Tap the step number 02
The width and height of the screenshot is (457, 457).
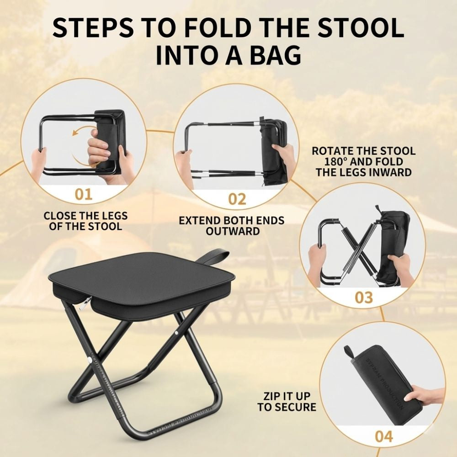point(237,198)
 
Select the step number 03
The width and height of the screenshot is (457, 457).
point(364,298)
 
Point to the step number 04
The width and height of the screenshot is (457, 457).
point(383,436)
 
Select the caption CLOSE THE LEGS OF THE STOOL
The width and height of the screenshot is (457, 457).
point(85,221)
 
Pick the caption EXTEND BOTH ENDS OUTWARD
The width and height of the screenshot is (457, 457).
point(232,226)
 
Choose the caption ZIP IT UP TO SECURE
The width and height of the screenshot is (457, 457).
point(287,401)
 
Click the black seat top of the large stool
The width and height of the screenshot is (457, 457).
point(142,276)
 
